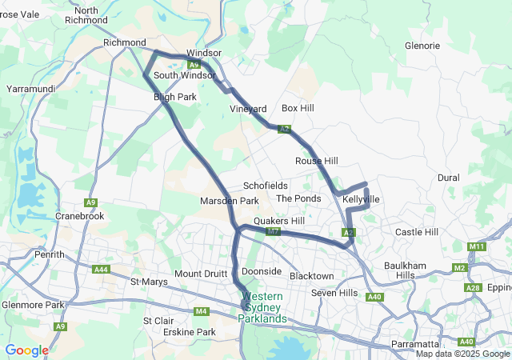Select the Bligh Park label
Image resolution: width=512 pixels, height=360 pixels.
click(x=174, y=97)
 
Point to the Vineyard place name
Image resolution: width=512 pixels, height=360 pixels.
click(x=248, y=109)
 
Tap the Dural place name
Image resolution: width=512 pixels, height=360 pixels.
click(x=449, y=178)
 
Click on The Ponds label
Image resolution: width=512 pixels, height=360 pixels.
click(x=298, y=198)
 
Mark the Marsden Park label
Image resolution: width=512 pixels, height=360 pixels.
click(x=229, y=201)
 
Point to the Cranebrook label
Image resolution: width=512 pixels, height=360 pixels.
click(x=80, y=216)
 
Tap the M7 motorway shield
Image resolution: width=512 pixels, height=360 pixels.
click(x=273, y=232)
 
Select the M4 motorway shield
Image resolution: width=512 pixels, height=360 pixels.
click(x=201, y=311)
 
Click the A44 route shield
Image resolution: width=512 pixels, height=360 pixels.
click(x=102, y=270)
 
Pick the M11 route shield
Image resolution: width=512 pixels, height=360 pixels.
click(x=478, y=246)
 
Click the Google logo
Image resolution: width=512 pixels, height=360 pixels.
click(x=26, y=350)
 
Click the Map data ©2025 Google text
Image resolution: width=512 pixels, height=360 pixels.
click(x=462, y=354)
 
